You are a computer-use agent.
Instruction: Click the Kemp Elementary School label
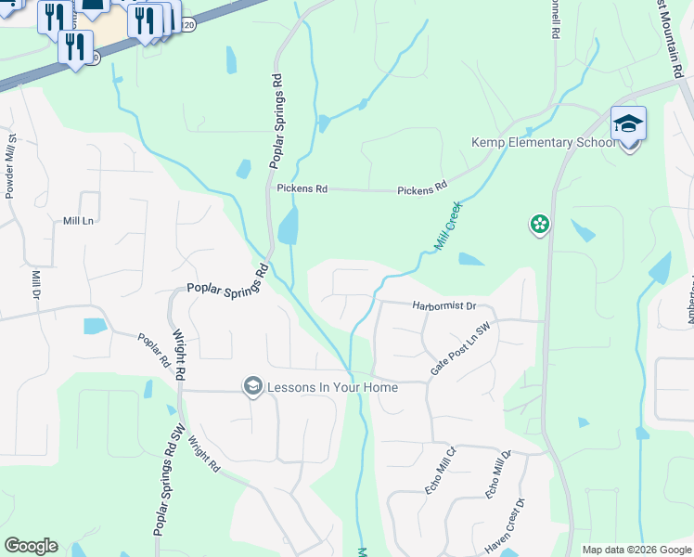543,143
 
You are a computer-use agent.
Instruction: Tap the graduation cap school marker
628,125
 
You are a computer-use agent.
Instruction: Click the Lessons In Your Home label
332,387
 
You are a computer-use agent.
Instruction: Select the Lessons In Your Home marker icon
251,386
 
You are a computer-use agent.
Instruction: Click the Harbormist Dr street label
443,305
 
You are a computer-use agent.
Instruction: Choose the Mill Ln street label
79,221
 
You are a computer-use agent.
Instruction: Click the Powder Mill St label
11,168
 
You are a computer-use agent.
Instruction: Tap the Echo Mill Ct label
442,476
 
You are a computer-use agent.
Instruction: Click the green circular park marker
539,225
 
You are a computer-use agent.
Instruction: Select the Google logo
31,546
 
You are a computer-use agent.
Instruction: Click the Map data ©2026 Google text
636,550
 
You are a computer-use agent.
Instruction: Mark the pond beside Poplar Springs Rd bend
288,226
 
